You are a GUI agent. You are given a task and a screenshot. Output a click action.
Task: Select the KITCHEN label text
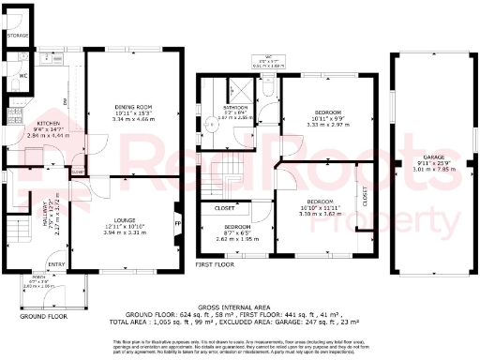[48, 123]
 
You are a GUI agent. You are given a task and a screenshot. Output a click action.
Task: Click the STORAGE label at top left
[17, 35]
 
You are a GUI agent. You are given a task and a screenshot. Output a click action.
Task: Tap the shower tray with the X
[242, 92]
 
